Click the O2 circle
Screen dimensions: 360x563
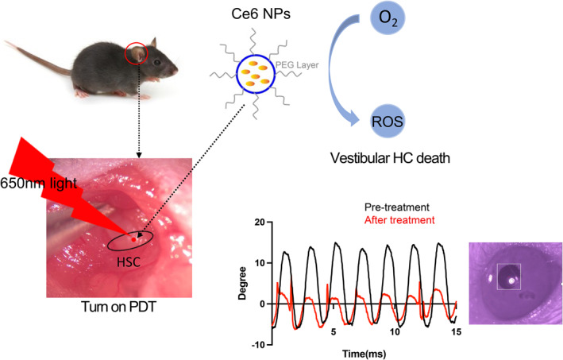click(x=365, y=19)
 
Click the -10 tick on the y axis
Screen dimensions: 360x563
click(x=255, y=345)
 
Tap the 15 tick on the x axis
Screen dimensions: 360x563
click(x=456, y=331)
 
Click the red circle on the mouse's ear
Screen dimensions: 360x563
click(x=137, y=54)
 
